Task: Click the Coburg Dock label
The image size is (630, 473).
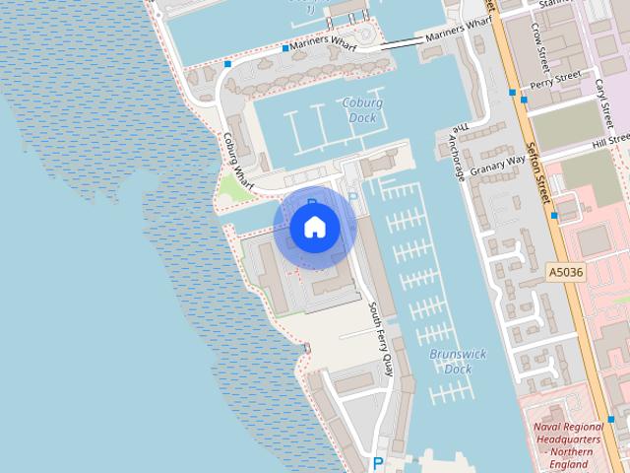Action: click(362, 110)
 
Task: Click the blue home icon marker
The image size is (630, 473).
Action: click(314, 228)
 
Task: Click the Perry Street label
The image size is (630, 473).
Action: click(555, 80)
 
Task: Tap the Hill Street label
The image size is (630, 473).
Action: click(610, 144)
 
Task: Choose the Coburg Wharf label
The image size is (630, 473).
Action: click(237, 161)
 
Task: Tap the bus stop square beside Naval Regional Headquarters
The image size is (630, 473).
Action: click(611, 419)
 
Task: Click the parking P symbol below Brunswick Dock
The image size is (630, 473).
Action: click(376, 463)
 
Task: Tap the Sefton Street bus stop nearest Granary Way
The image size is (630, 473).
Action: click(554, 215)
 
